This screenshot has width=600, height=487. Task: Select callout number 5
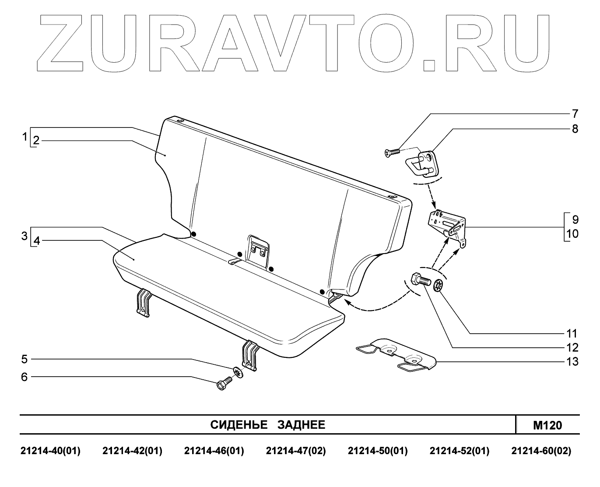(25, 360)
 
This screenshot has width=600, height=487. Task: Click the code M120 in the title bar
(547, 425)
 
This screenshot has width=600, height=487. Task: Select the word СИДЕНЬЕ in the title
(239, 425)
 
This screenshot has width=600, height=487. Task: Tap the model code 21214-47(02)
(296, 451)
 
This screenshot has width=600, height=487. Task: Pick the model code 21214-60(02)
(541, 451)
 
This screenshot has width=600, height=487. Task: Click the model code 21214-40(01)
(51, 451)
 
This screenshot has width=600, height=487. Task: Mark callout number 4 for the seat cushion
(37, 241)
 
